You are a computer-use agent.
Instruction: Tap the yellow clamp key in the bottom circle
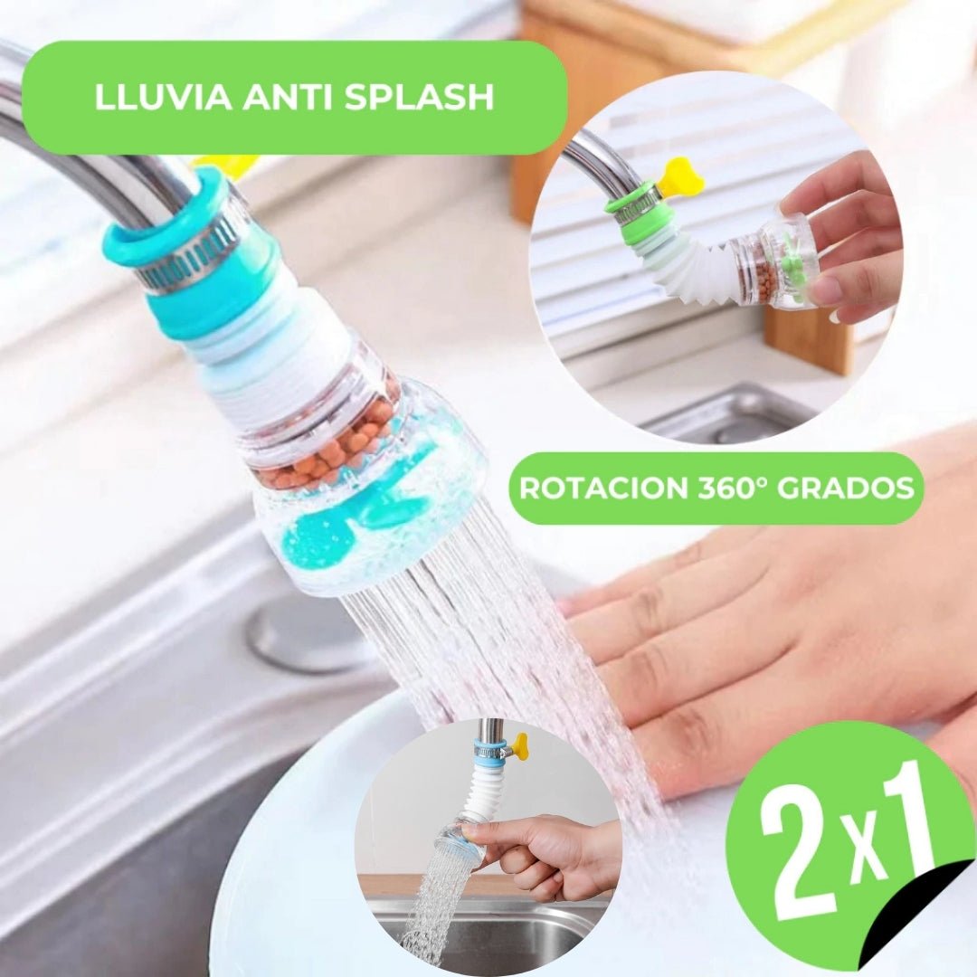(518, 745)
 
